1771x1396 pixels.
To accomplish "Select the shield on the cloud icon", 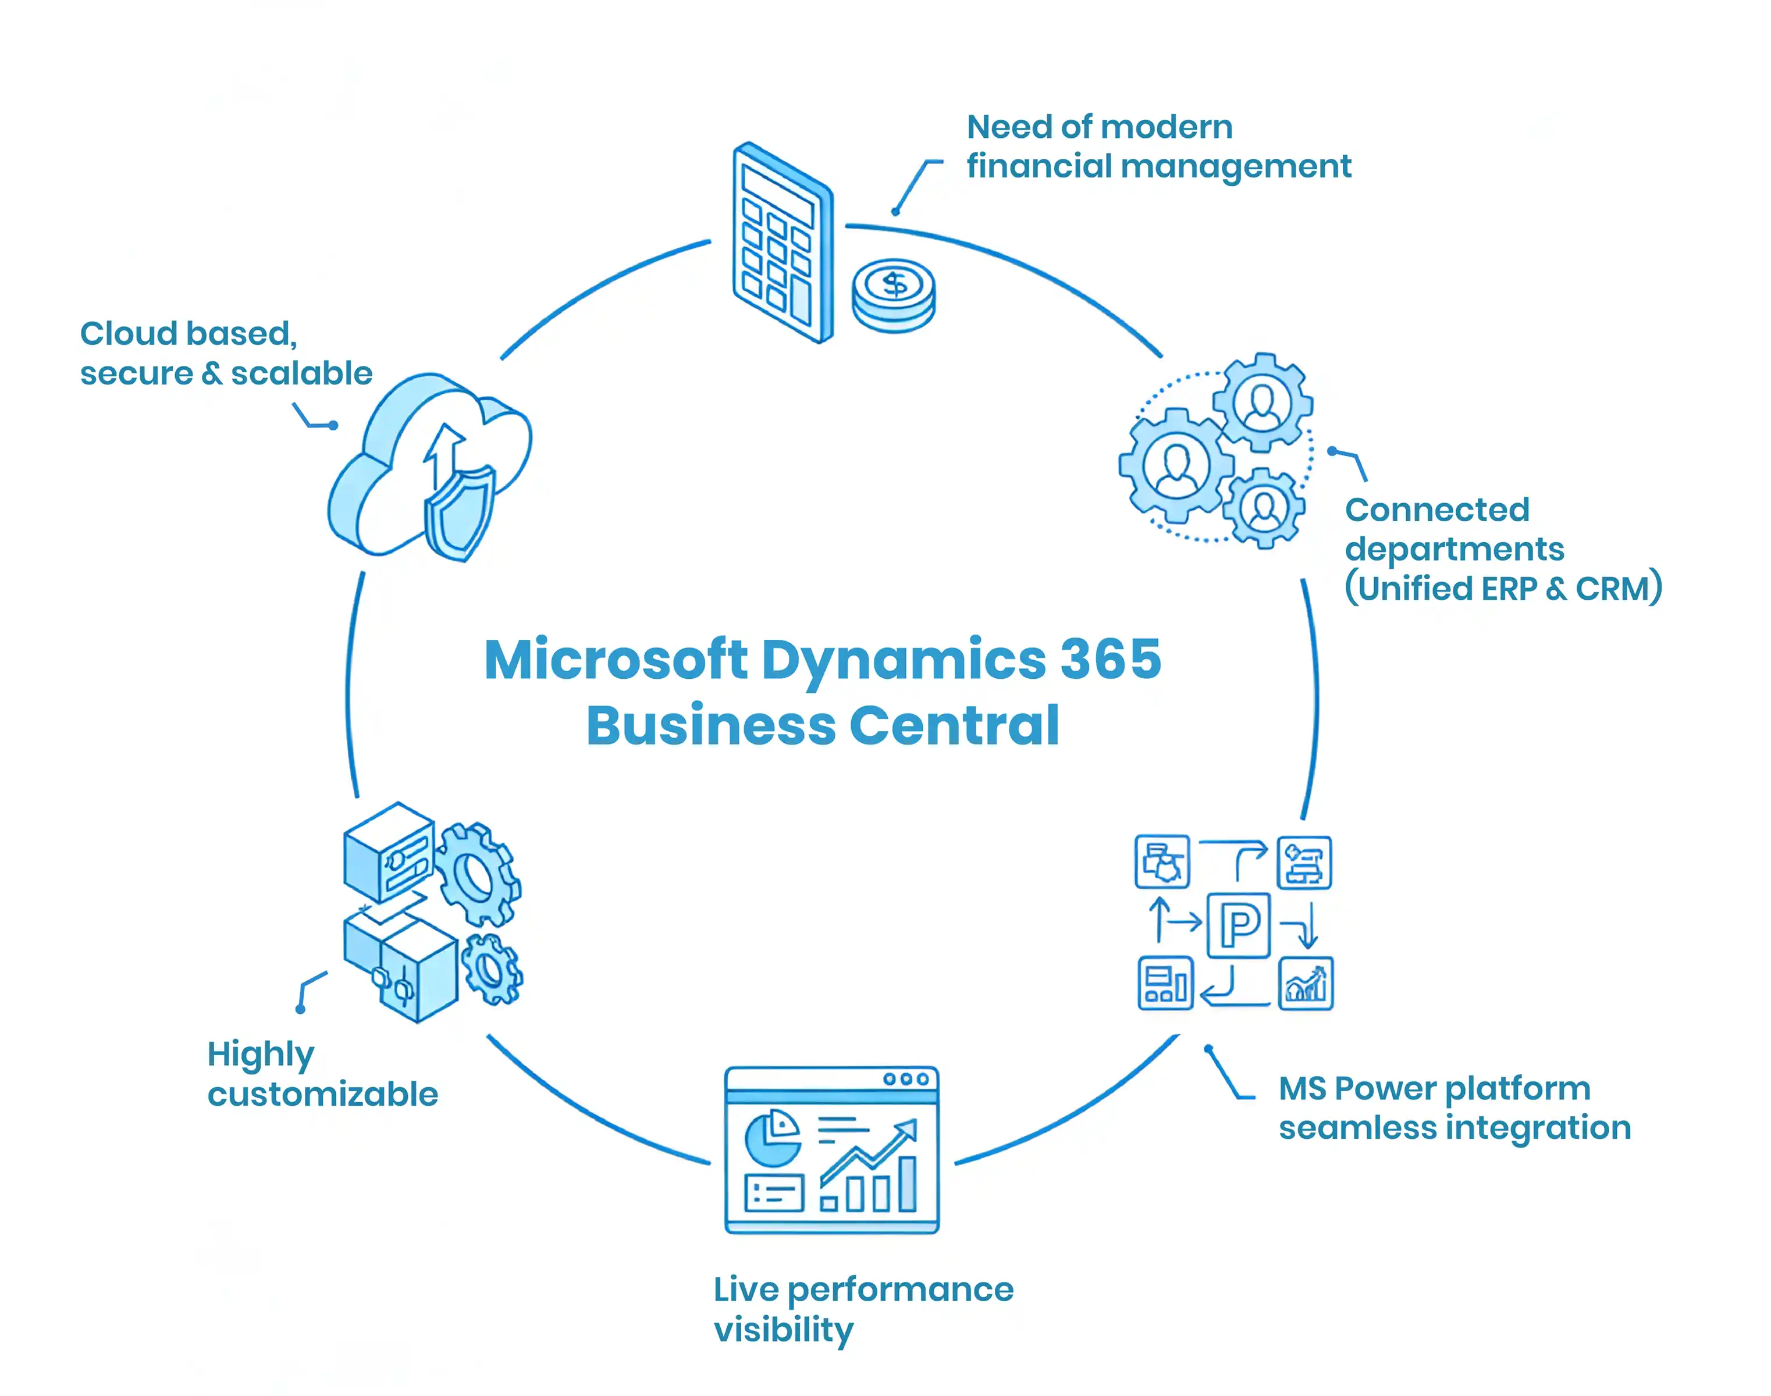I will (x=460, y=513).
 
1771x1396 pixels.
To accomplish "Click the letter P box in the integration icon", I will (x=1238, y=925).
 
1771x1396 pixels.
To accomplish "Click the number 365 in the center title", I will (x=1109, y=659).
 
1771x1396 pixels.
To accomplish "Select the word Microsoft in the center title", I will (x=615, y=659).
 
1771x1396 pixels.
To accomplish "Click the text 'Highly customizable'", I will (x=322, y=1074).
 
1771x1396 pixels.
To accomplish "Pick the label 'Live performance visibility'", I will (x=863, y=1309).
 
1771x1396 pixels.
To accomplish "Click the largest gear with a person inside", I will (x=1176, y=465).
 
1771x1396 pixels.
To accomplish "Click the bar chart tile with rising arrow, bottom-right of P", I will (x=1305, y=983).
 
